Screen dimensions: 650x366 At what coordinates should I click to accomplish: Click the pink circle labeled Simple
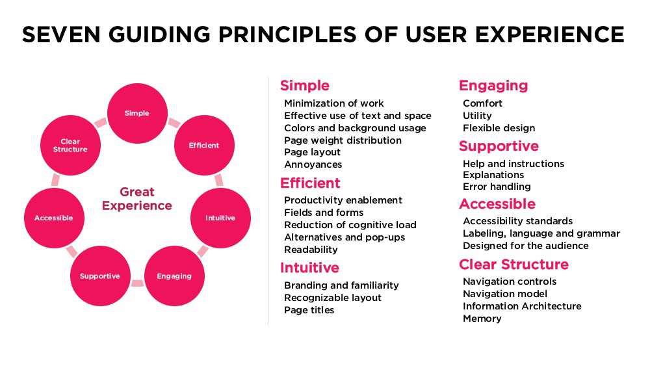(137, 113)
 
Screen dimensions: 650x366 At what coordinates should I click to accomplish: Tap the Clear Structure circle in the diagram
(70, 145)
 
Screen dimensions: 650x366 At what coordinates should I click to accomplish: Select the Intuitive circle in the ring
(220, 218)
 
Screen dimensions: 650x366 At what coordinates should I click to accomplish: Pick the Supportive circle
(100, 276)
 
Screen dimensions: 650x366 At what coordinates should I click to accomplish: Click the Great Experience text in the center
(137, 198)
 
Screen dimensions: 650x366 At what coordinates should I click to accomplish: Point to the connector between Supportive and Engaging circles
(137, 283)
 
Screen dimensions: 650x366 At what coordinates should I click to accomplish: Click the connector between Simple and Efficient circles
(174, 122)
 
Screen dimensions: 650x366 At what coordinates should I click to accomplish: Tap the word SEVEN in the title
(61, 34)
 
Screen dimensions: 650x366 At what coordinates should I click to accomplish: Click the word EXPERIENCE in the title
(550, 34)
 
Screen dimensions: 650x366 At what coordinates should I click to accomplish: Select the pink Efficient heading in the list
(310, 183)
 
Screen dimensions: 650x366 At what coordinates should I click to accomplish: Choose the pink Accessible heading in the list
(497, 204)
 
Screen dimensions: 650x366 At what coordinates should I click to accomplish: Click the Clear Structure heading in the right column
(513, 265)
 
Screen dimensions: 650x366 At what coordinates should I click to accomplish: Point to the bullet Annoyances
(313, 164)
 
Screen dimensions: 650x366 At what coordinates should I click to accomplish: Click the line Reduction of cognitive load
(350, 225)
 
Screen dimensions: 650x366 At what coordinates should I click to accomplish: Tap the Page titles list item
(309, 310)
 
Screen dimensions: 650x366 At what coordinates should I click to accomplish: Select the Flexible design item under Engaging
(499, 128)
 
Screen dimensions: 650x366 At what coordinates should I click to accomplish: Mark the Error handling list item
(497, 187)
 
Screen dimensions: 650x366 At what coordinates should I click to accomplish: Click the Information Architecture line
(522, 306)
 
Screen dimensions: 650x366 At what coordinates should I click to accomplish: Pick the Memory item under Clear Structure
(482, 319)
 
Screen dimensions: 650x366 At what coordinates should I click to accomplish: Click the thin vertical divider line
(268, 201)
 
